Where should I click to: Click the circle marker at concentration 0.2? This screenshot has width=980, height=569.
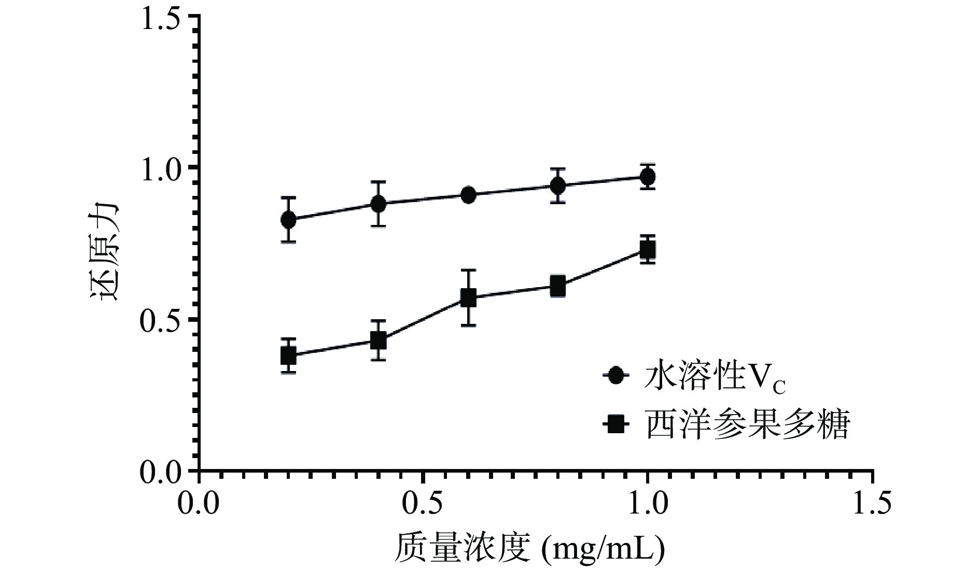pos(289,220)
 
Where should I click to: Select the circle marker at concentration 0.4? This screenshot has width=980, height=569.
pos(379,204)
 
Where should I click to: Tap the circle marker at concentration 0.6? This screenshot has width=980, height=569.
pos(468,195)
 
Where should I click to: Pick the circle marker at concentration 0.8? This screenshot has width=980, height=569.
pos(558,186)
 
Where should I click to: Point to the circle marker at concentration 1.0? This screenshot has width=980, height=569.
pos(647,177)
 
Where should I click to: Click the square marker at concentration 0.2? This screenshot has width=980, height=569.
pos(289,355)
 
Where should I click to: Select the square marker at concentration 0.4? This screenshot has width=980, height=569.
pos(379,340)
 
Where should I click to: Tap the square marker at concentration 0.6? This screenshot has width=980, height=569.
pos(468,297)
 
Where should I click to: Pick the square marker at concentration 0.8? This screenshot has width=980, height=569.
pos(558,286)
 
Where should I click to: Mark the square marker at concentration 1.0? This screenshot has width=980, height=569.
pos(647,250)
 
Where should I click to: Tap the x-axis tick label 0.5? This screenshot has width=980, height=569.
pos(423,504)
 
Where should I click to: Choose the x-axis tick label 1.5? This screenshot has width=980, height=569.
pos(871,504)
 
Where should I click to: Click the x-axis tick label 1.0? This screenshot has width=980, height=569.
pos(647,504)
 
